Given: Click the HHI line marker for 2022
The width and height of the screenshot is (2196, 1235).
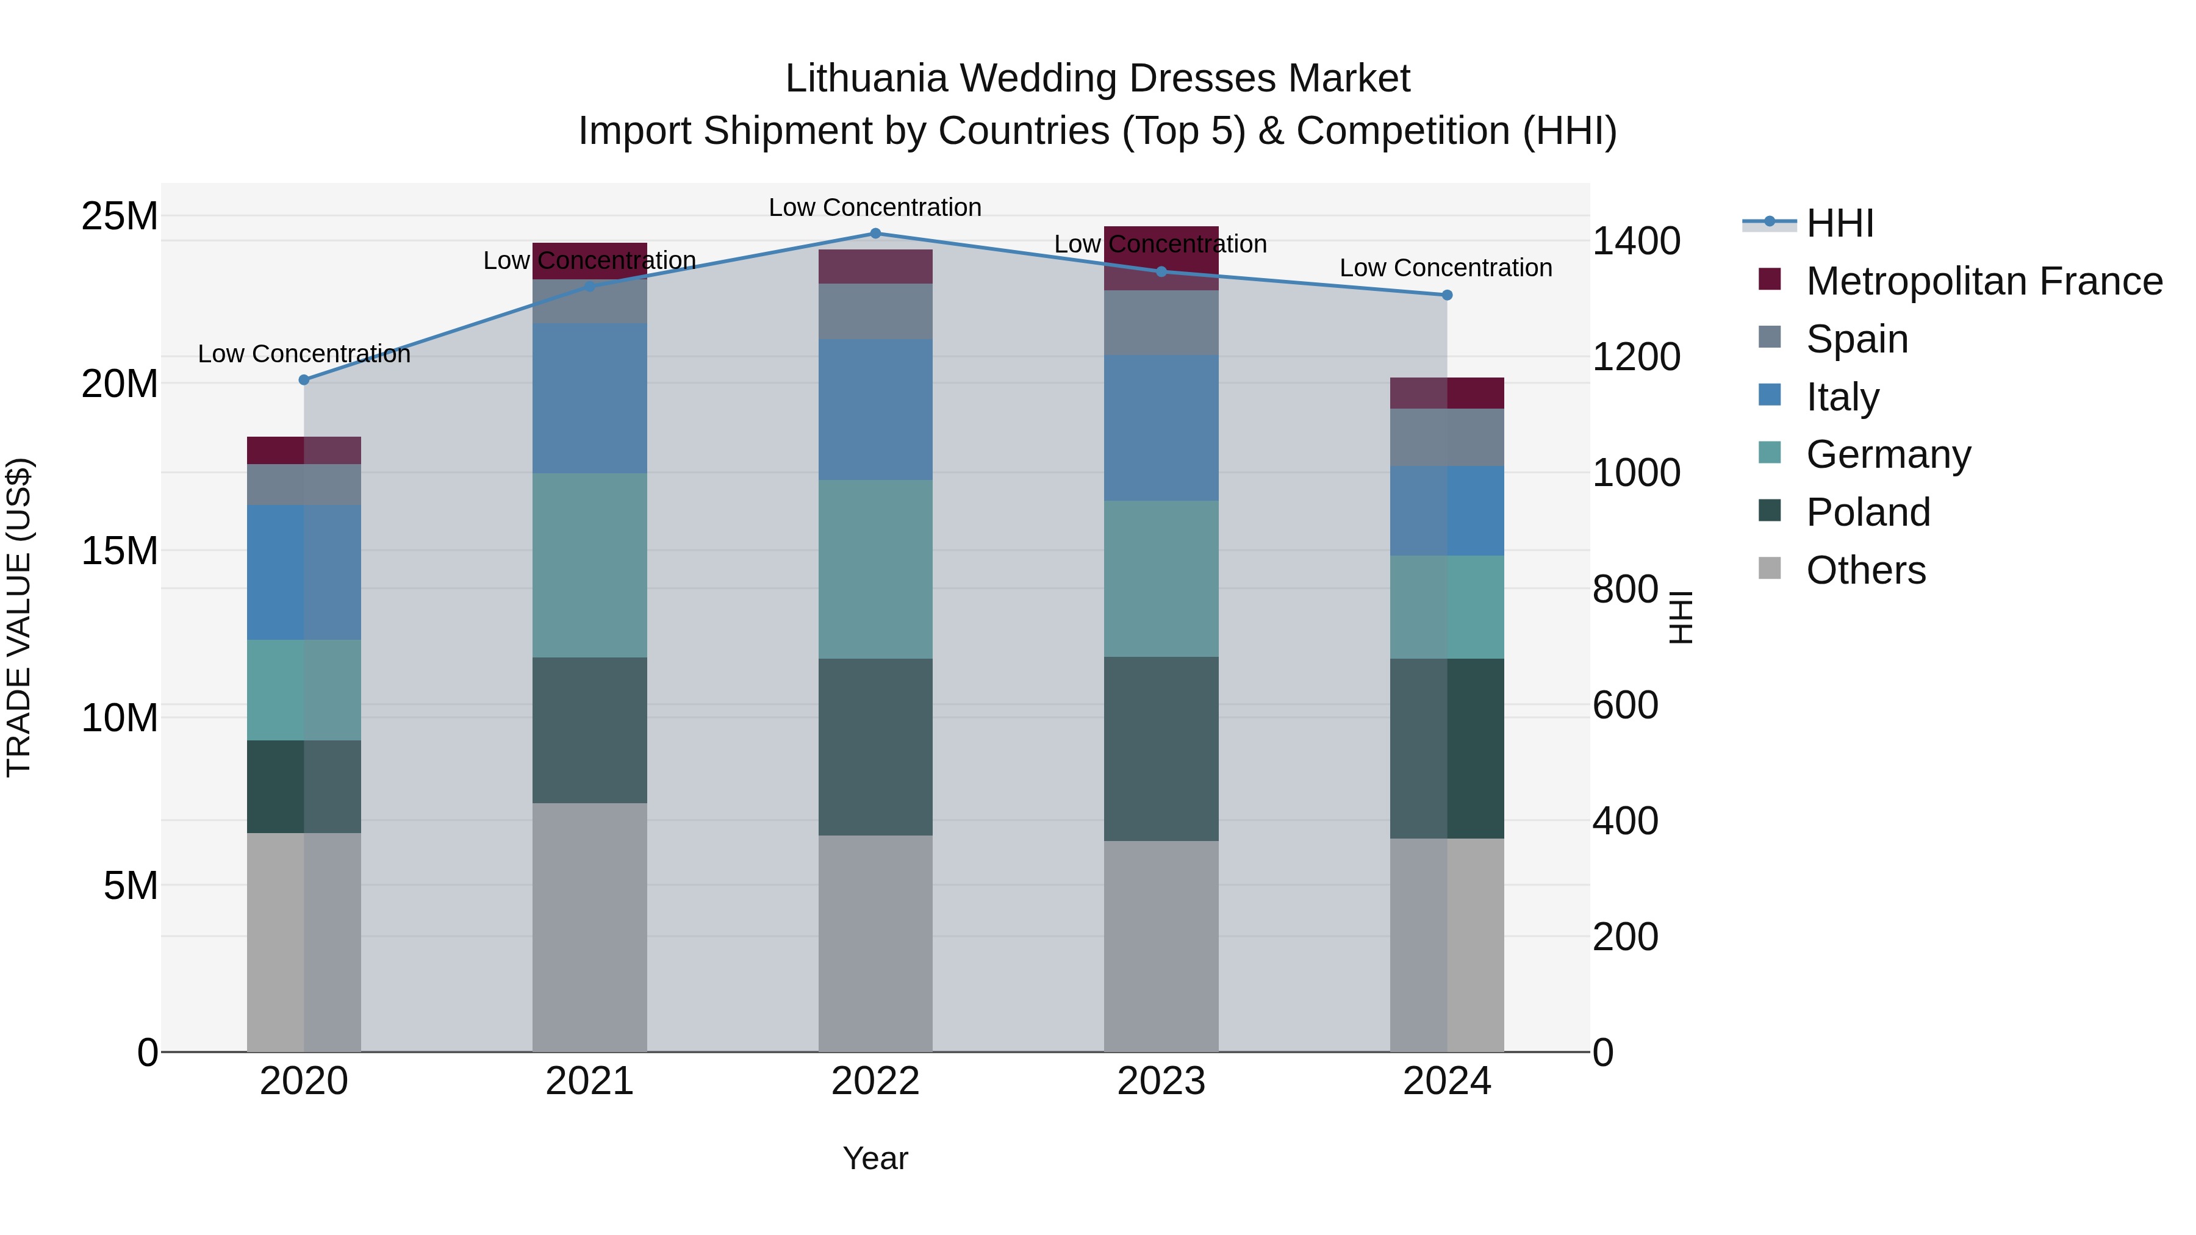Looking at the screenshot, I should click(875, 233).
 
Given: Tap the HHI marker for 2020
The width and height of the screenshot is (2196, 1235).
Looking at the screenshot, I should click(304, 379).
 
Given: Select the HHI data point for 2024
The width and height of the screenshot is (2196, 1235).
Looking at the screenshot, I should click(1447, 295).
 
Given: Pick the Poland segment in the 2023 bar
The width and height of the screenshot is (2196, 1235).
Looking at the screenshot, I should click(1160, 748).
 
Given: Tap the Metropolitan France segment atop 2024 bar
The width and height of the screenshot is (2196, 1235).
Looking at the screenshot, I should click(1447, 393).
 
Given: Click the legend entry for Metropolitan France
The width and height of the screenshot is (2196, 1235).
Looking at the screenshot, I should click(1983, 281).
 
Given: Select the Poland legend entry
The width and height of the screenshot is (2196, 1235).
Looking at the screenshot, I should click(1867, 512).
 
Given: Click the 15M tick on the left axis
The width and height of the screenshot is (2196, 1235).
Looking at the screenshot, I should click(120, 551).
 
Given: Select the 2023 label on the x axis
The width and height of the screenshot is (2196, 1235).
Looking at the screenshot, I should click(1160, 1081).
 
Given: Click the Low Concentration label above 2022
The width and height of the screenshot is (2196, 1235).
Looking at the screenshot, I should click(875, 207).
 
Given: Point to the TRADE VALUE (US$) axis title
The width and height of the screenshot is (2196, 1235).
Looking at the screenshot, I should click(19, 617).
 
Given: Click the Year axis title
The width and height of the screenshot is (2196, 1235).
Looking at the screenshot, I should click(875, 1158).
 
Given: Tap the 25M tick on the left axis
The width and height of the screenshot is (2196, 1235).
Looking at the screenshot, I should click(120, 216).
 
